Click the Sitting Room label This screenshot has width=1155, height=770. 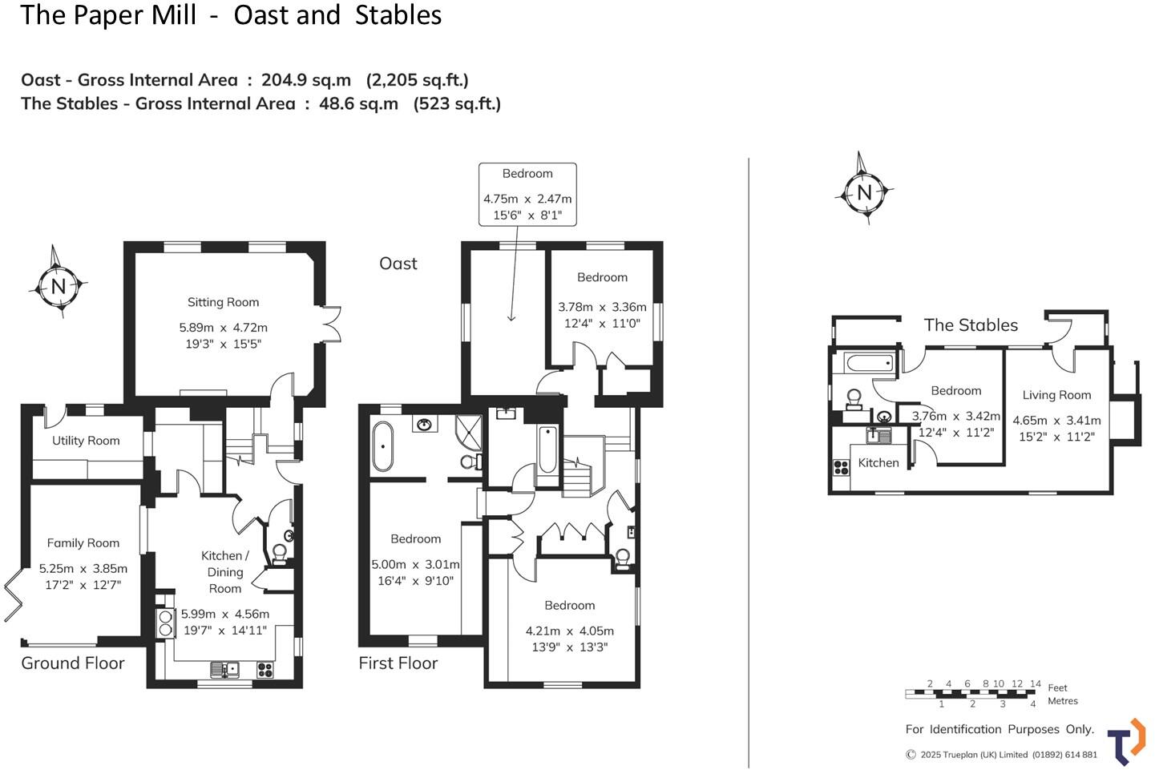223,302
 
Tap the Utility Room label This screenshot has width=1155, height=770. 86,441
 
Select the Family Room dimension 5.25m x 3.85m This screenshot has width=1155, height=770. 83,569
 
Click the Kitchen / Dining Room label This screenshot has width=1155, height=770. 225,572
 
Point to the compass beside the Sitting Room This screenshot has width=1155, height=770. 58,284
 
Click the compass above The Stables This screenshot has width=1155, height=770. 864,191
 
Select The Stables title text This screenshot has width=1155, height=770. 971,325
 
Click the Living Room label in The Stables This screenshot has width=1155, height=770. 1056,395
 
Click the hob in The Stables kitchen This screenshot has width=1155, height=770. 841,466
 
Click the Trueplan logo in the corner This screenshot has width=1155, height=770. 1126,741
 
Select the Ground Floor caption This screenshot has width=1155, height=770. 73,663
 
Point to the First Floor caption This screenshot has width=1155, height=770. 398,663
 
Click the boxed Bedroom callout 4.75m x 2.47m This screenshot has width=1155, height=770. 527,195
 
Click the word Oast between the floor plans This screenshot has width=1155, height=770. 398,264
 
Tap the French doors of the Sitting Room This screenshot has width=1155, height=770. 331,324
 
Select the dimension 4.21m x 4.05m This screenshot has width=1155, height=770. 570,631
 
